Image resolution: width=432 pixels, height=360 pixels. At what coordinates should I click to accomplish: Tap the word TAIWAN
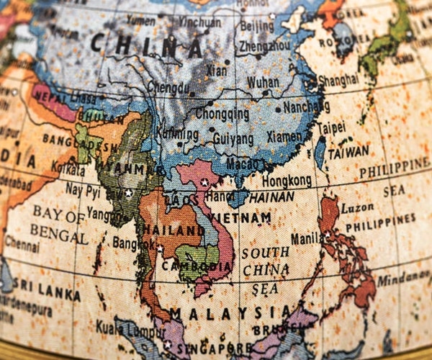(x=348, y=153)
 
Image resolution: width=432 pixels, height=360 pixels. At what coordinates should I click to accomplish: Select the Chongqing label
(x=222, y=114)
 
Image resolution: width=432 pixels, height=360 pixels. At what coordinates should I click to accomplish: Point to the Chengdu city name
(x=169, y=88)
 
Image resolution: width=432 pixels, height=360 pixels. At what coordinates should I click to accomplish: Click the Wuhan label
(x=263, y=82)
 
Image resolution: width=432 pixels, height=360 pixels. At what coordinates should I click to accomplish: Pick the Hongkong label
(x=287, y=181)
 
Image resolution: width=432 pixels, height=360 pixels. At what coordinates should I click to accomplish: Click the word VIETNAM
(x=240, y=217)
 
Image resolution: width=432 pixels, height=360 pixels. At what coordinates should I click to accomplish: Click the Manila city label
(x=306, y=238)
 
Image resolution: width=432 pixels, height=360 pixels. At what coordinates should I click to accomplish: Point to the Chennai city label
(x=22, y=242)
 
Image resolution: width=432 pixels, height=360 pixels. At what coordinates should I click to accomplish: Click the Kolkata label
(x=68, y=167)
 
